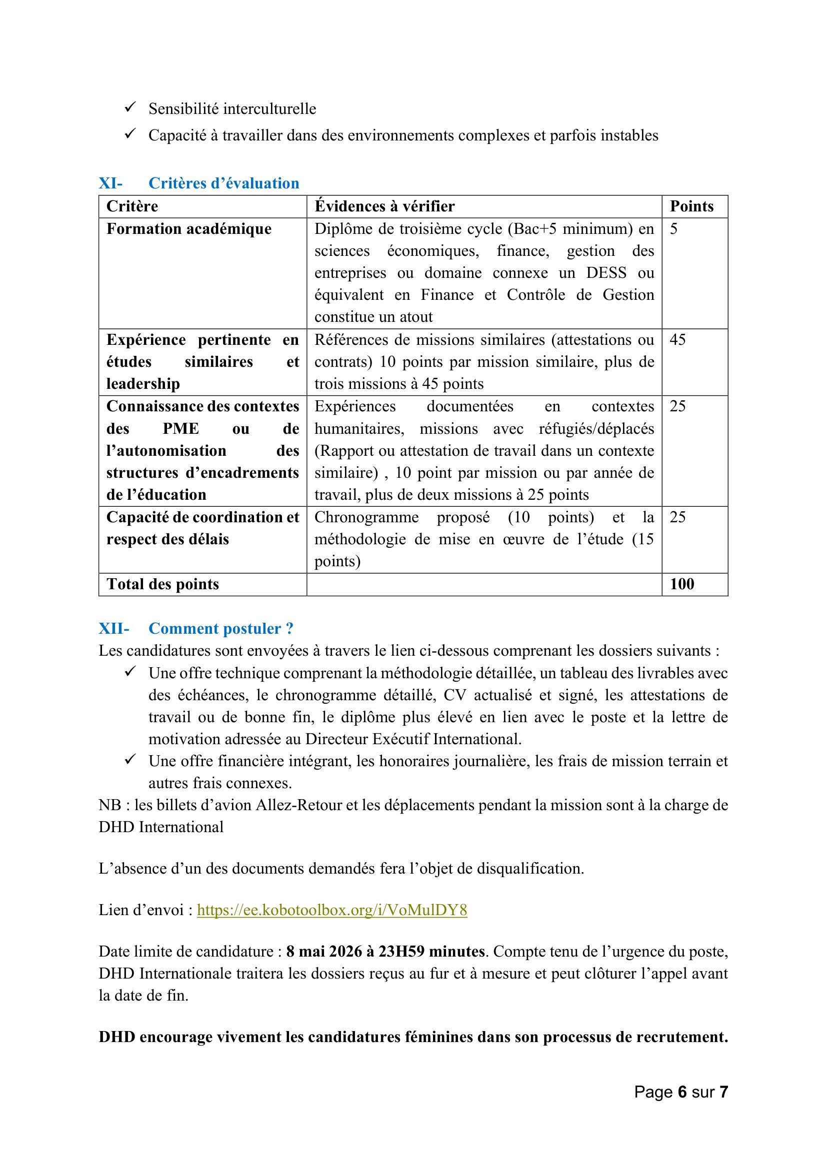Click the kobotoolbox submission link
click(332, 910)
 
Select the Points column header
click(691, 206)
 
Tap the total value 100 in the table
click(682, 584)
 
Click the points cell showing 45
click(678, 339)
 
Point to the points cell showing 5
click(673, 229)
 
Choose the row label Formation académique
click(189, 229)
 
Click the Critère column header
click(132, 206)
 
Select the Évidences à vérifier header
click(384, 206)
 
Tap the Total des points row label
click(162, 584)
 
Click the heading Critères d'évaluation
click(223, 183)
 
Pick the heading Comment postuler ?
click(221, 629)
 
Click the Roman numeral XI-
click(110, 183)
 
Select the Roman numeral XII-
click(113, 629)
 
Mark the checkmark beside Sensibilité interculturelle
click(130, 107)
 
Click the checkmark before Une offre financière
click(130, 760)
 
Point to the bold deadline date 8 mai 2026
click(325, 952)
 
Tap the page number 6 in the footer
click(682, 1092)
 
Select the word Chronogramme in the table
click(366, 517)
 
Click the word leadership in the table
click(143, 384)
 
